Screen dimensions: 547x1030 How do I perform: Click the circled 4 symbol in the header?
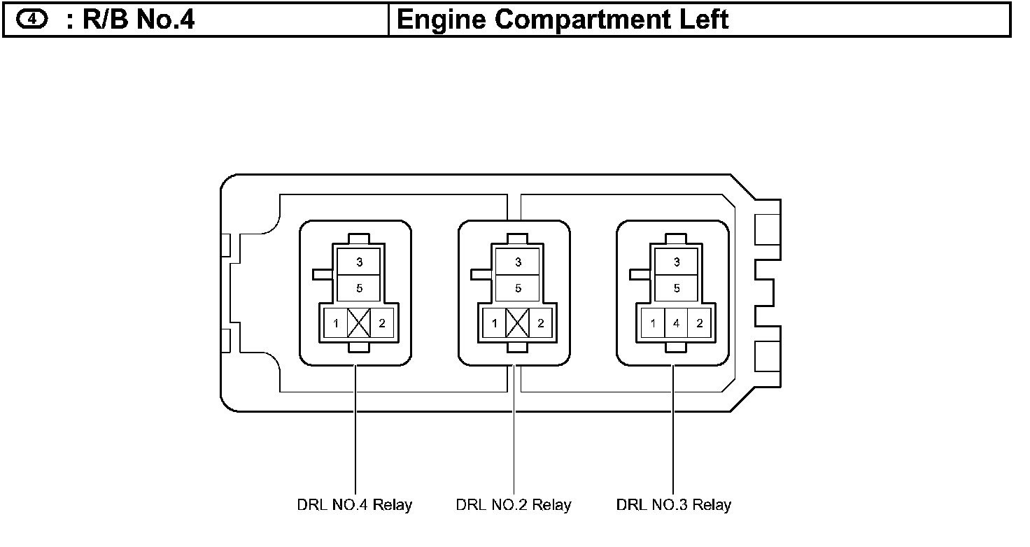coord(31,20)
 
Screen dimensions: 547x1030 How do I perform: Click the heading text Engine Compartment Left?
coord(562,20)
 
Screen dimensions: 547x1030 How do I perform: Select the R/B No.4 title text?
coord(130,20)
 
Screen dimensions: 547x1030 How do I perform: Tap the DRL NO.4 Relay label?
coord(355,504)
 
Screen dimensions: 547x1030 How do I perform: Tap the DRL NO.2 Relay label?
coord(514,504)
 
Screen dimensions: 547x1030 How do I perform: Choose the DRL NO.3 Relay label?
coord(673,504)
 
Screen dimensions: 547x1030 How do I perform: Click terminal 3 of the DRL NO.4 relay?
coord(359,262)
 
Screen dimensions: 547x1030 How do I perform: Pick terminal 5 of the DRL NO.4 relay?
coord(359,287)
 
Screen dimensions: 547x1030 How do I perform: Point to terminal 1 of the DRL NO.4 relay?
coord(337,323)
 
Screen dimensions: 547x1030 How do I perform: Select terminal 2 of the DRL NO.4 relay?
coord(381,323)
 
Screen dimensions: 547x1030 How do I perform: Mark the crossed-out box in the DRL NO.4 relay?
coord(359,323)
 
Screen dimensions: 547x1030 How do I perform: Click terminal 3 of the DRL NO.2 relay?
coord(518,262)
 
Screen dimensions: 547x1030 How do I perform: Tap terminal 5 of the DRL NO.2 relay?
coord(518,287)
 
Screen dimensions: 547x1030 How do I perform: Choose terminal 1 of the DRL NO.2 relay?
coord(495,323)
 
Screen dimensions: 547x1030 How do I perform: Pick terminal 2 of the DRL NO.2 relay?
coord(540,323)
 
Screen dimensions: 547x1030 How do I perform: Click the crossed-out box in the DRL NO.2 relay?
coord(518,323)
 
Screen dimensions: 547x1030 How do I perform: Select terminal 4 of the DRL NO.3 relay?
coord(676,323)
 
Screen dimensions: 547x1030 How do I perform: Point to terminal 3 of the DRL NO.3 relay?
coord(676,262)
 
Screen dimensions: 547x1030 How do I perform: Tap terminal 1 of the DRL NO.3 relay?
coord(654,323)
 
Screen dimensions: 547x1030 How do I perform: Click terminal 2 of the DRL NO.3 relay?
coord(699,323)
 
